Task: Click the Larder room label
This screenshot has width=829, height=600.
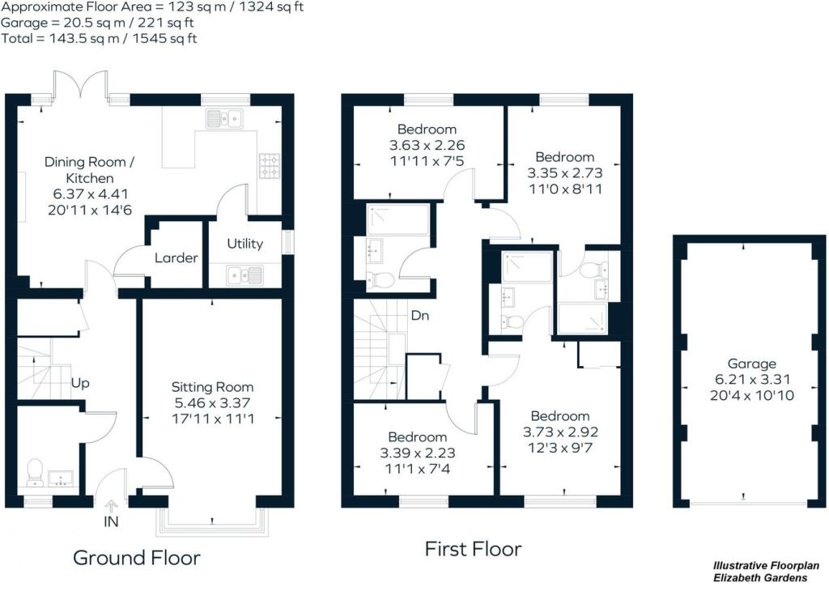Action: click(176, 258)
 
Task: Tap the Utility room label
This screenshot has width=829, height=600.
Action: click(244, 243)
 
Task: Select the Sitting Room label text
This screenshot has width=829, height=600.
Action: click(212, 387)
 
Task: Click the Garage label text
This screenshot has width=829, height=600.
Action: click(751, 364)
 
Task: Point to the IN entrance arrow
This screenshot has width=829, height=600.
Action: click(111, 507)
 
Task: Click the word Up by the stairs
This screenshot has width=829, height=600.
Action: click(79, 382)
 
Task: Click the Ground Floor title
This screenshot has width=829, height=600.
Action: click(136, 557)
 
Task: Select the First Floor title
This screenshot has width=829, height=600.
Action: click(474, 549)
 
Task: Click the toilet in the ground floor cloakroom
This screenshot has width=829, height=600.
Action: click(35, 471)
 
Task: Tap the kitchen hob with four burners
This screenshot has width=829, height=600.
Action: click(268, 165)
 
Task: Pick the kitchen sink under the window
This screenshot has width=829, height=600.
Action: click(226, 120)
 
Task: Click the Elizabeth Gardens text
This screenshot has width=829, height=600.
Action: click(759, 578)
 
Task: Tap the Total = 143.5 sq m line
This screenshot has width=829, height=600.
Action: click(99, 38)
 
